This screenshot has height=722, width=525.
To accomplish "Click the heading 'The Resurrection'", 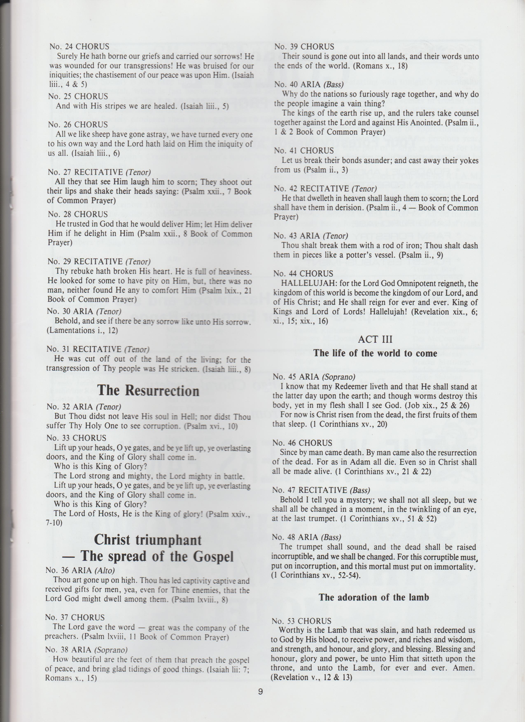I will point(148,391).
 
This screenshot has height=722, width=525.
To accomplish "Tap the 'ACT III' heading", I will point(375,339).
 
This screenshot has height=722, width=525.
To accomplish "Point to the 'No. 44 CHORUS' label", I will point(303,273).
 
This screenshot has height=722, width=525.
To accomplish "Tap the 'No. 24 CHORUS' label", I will point(79,47).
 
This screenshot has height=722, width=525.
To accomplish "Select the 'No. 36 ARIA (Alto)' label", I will point(80,570).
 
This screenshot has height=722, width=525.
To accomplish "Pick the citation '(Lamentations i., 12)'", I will point(83,330).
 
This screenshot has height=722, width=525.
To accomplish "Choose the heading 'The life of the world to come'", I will point(375,353).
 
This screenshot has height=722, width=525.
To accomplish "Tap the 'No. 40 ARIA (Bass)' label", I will point(309,84).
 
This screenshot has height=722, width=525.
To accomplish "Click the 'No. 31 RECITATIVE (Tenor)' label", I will point(98,349).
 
